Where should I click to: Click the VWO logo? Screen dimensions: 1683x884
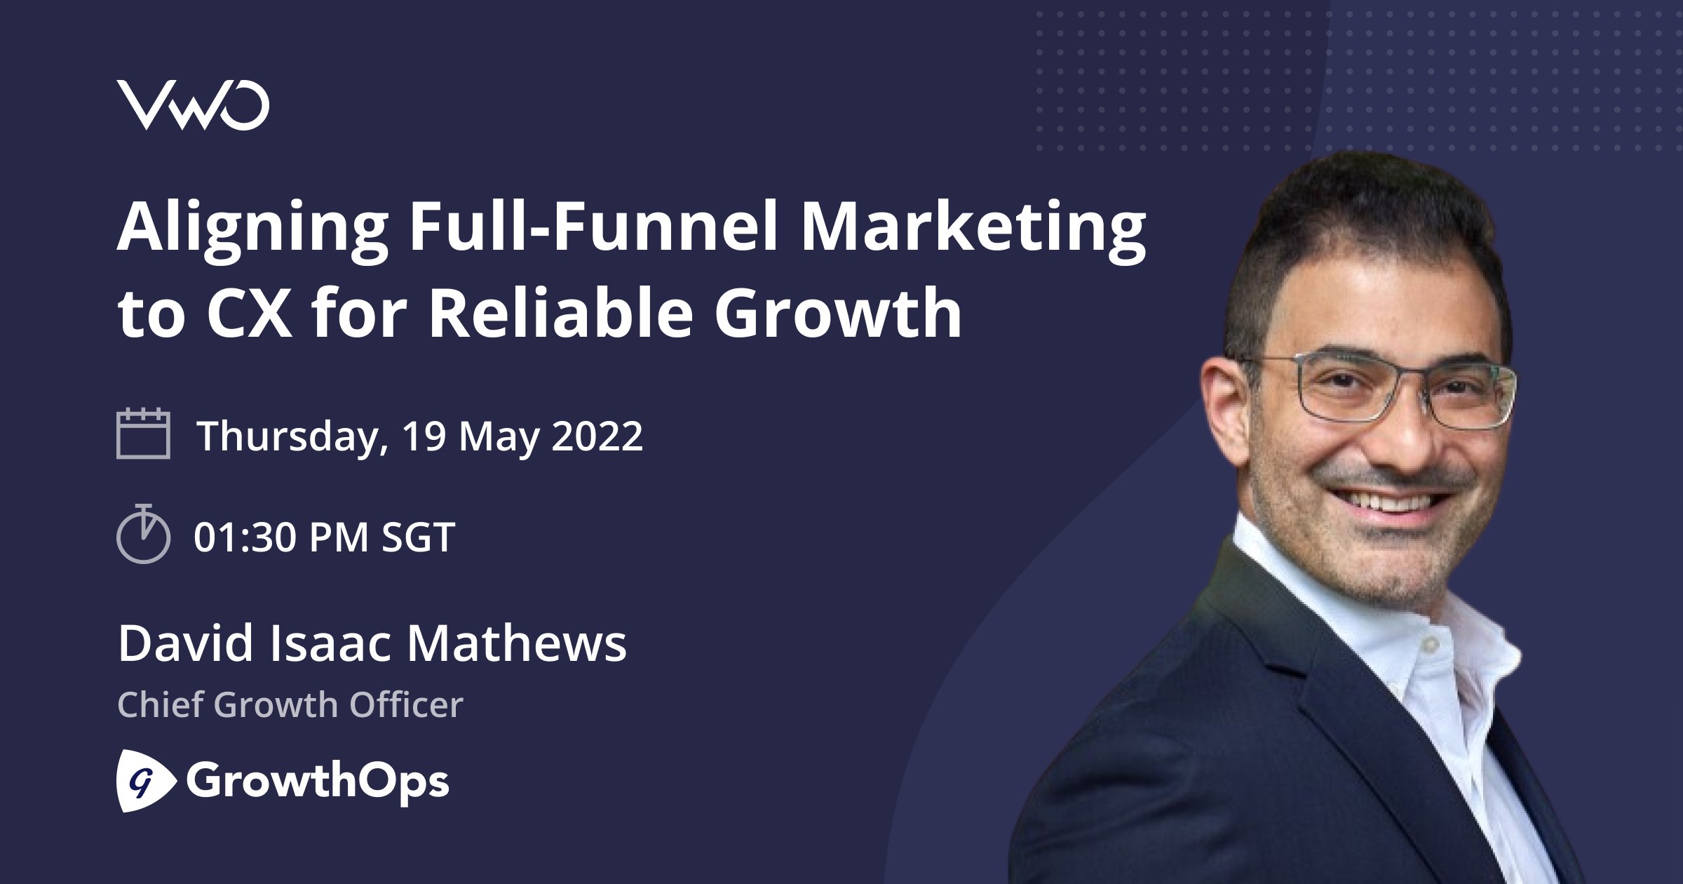point(193,105)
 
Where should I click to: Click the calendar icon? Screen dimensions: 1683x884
point(143,433)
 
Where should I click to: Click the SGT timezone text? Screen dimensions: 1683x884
point(419,537)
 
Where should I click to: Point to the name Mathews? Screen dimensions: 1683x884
point(517,644)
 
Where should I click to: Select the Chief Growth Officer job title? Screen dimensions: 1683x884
point(290,704)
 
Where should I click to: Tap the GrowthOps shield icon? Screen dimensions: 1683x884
point(145,780)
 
